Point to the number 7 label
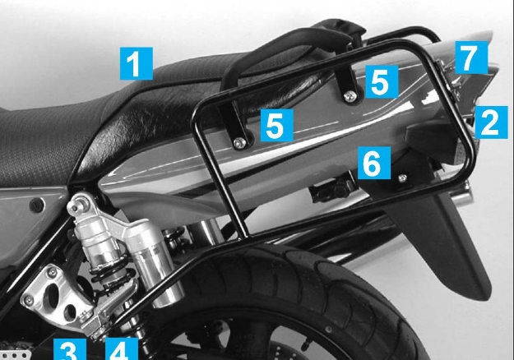[467, 58]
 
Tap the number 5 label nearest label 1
[276, 125]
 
